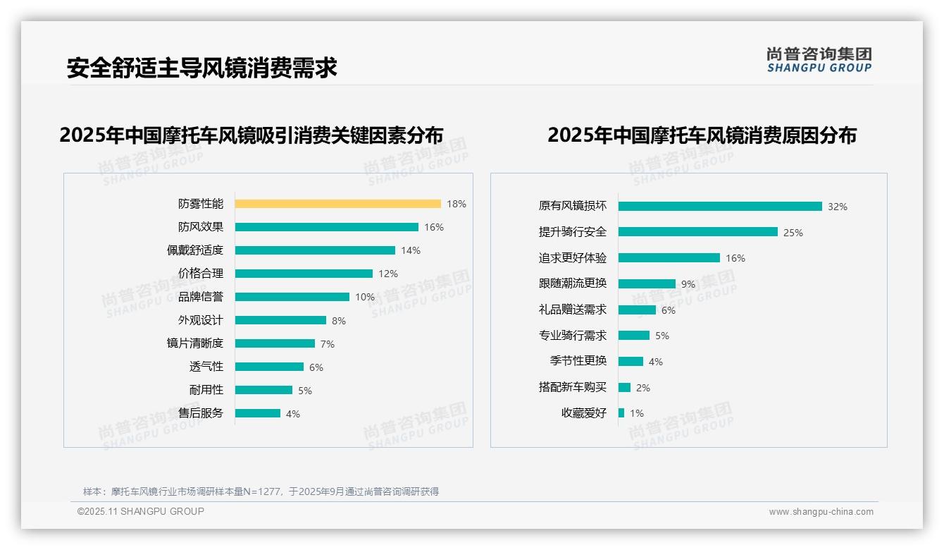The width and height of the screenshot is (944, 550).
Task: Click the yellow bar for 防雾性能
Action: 337,204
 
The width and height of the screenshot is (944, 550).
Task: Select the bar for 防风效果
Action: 326,227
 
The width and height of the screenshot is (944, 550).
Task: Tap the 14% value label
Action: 411,250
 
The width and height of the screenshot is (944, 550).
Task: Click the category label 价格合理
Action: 201,274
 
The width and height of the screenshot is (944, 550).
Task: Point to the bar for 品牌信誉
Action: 292,297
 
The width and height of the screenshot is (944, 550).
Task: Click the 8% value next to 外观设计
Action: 339,321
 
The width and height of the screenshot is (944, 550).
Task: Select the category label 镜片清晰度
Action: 195,343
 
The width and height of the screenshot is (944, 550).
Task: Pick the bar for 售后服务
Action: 257,413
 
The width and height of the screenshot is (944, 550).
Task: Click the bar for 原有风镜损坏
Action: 720,207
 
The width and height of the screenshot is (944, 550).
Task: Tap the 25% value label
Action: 793,233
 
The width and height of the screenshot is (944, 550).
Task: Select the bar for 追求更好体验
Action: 669,258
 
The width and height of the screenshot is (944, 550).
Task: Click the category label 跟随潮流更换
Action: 573,283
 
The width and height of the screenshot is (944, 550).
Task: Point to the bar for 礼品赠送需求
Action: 637,310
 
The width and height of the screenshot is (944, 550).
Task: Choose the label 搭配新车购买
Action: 573,387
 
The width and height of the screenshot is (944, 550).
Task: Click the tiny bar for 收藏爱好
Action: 621,413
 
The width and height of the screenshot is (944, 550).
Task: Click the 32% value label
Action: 838,207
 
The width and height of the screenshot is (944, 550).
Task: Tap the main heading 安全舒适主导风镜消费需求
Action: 201,68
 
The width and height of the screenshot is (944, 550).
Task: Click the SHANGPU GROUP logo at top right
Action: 819,59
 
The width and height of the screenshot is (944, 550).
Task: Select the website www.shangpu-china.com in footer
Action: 821,512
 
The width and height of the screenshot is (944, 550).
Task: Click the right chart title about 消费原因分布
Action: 702,135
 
